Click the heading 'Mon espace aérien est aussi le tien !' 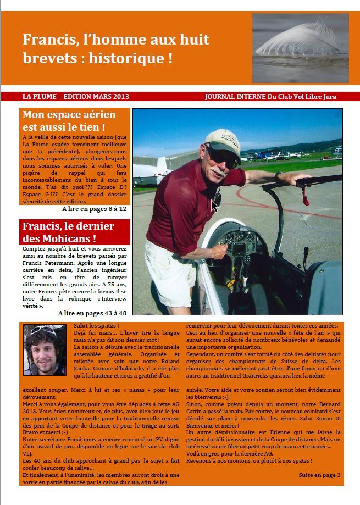(x=69, y=121)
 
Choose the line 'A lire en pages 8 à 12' (x=94, y=209)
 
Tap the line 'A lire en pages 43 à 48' (x=92, y=313)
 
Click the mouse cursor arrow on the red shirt (x=214, y=206)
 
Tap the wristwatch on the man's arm (x=279, y=176)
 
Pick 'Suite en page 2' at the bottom (x=319, y=474)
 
